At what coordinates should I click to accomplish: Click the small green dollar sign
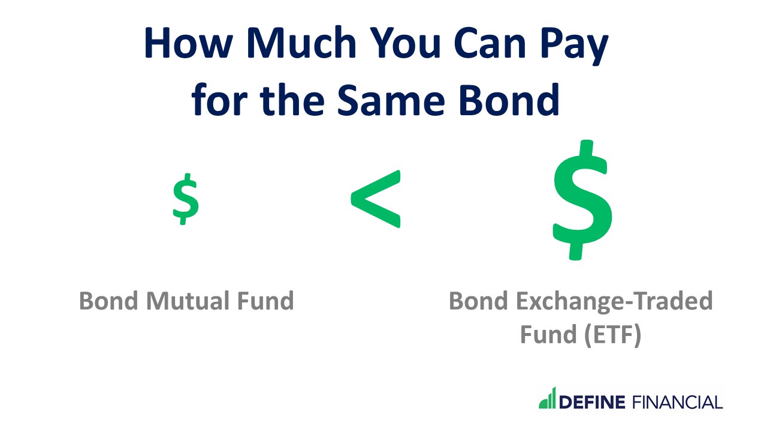[186, 199]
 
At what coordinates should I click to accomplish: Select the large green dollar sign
[582, 200]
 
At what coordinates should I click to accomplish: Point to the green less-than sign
[376, 199]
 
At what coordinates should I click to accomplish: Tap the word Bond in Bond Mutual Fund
[107, 301]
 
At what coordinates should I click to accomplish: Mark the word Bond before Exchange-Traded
[476, 301]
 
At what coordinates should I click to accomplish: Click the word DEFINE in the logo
[592, 401]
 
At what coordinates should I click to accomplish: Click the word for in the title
[217, 99]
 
